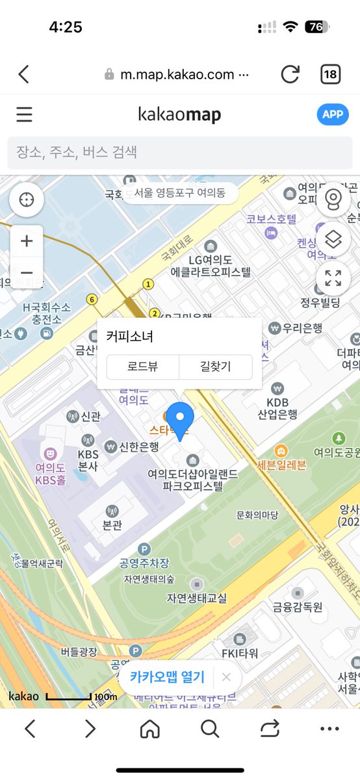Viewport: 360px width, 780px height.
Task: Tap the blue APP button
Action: click(333, 114)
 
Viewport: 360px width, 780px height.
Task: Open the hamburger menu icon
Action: click(24, 114)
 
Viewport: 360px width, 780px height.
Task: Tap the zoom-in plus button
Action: click(27, 241)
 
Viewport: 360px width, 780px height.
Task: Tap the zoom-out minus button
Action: click(27, 273)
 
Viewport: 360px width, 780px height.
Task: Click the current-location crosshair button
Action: click(27, 200)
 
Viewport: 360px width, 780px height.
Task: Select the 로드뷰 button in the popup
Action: click(142, 367)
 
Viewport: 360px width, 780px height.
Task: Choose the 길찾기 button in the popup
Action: click(215, 367)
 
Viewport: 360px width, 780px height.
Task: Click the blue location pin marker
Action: click(180, 420)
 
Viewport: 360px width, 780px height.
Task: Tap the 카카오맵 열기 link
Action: click(167, 677)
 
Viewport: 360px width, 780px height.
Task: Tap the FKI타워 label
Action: click(240, 653)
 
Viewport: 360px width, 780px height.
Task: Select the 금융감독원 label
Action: click(298, 607)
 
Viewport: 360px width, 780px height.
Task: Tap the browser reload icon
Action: click(290, 74)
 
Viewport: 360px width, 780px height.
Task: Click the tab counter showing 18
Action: click(330, 74)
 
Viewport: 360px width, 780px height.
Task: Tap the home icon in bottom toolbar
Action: click(149, 729)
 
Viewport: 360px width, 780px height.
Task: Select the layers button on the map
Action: click(333, 240)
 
